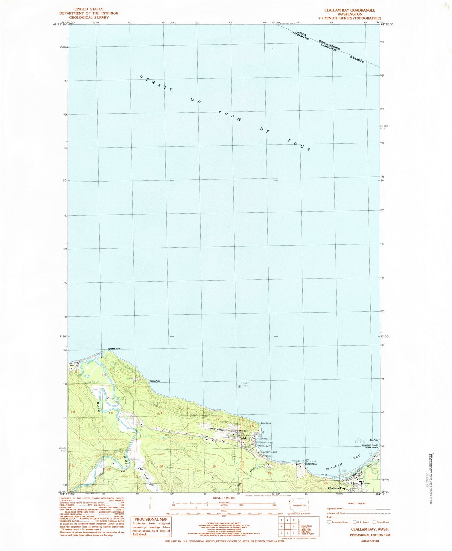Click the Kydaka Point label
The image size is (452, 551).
[114, 348]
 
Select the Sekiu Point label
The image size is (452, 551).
[266, 423]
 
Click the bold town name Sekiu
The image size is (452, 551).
[243, 438]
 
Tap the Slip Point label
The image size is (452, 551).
[374, 440]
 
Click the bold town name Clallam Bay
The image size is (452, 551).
[337, 488]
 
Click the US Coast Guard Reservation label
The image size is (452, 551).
[368, 446]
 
